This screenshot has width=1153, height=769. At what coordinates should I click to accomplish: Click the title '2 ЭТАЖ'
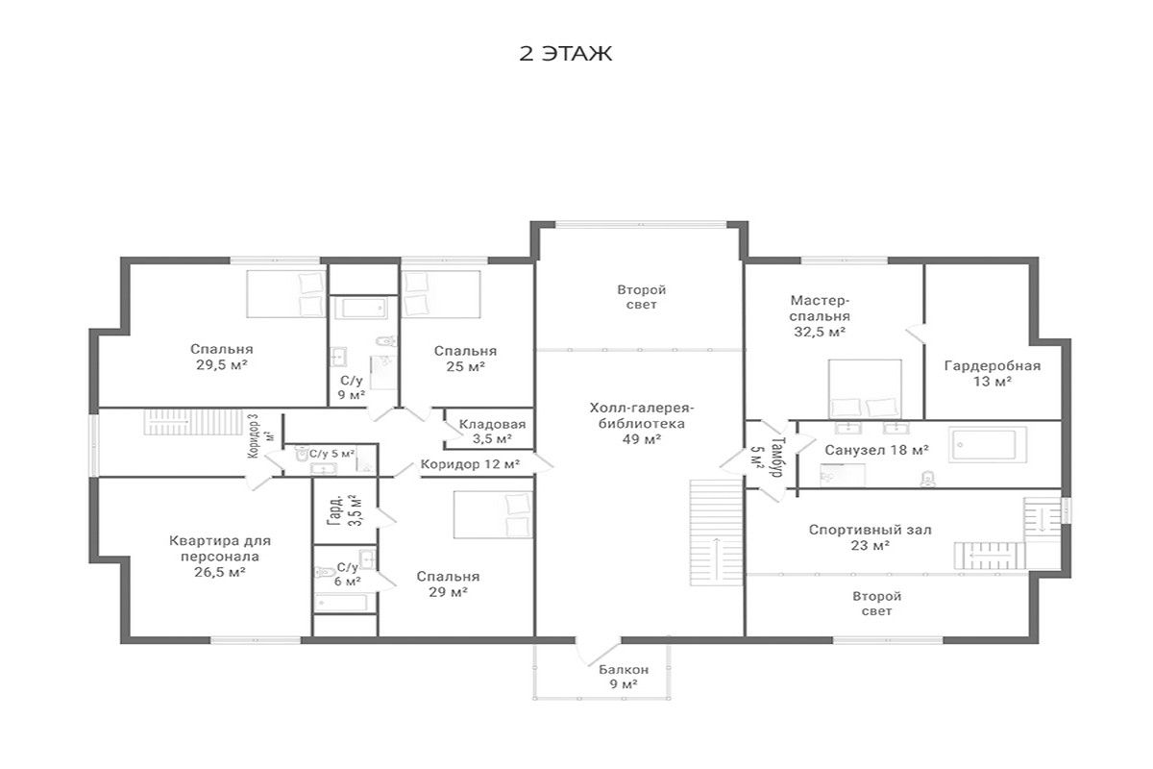(565, 54)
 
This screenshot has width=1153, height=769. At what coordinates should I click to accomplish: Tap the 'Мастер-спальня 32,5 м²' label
(820, 315)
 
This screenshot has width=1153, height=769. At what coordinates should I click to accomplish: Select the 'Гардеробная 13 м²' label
(993, 373)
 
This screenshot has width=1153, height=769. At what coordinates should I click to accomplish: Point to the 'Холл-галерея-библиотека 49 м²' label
(642, 423)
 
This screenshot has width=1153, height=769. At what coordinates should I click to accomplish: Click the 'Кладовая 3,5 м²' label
(492, 432)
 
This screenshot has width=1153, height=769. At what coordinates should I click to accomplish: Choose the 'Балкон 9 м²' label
(624, 677)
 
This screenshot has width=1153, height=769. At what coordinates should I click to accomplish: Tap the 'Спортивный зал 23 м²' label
(870, 537)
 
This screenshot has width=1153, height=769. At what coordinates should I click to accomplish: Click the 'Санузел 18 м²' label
(876, 450)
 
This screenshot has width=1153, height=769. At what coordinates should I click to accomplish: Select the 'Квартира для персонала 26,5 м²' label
(220, 557)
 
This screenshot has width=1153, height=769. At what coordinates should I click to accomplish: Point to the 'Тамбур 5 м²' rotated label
(768, 457)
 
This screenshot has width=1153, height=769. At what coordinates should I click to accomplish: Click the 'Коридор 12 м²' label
(470, 464)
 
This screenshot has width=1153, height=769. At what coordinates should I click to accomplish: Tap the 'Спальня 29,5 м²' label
(222, 357)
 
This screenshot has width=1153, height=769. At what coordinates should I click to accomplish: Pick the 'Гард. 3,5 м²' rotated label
(344, 509)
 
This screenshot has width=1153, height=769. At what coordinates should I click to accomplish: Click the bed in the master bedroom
(865, 389)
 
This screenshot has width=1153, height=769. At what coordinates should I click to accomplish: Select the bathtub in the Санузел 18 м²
(988, 444)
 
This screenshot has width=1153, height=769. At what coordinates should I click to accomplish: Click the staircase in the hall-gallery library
(717, 533)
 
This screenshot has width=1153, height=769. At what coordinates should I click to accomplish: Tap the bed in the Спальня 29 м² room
(493, 514)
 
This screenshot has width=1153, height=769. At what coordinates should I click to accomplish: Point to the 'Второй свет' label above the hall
(642, 297)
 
